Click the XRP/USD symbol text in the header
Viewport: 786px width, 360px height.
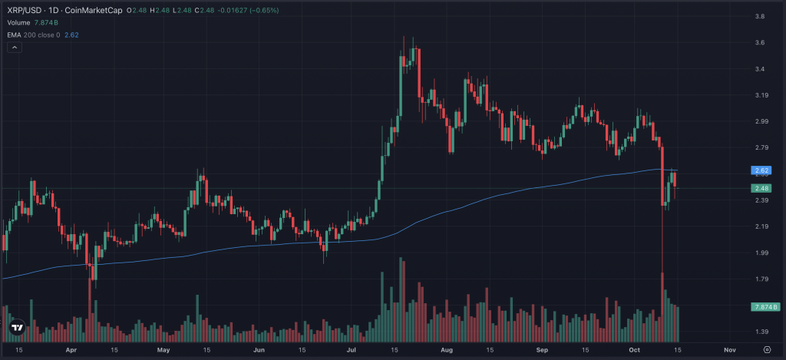pyautogui.click(x=22, y=10)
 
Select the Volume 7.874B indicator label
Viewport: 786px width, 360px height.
pyautogui.click(x=26, y=22)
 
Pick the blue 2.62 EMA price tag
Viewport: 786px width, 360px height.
pyautogui.click(x=761, y=170)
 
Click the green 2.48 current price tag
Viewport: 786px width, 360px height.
pyautogui.click(x=761, y=188)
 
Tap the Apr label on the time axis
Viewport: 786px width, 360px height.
pyautogui.click(x=71, y=350)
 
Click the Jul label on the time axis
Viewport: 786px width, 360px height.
pyautogui.click(x=351, y=350)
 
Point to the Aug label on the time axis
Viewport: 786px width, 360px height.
pyautogui.click(x=446, y=350)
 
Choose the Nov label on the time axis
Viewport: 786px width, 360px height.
pyautogui.click(x=730, y=350)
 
